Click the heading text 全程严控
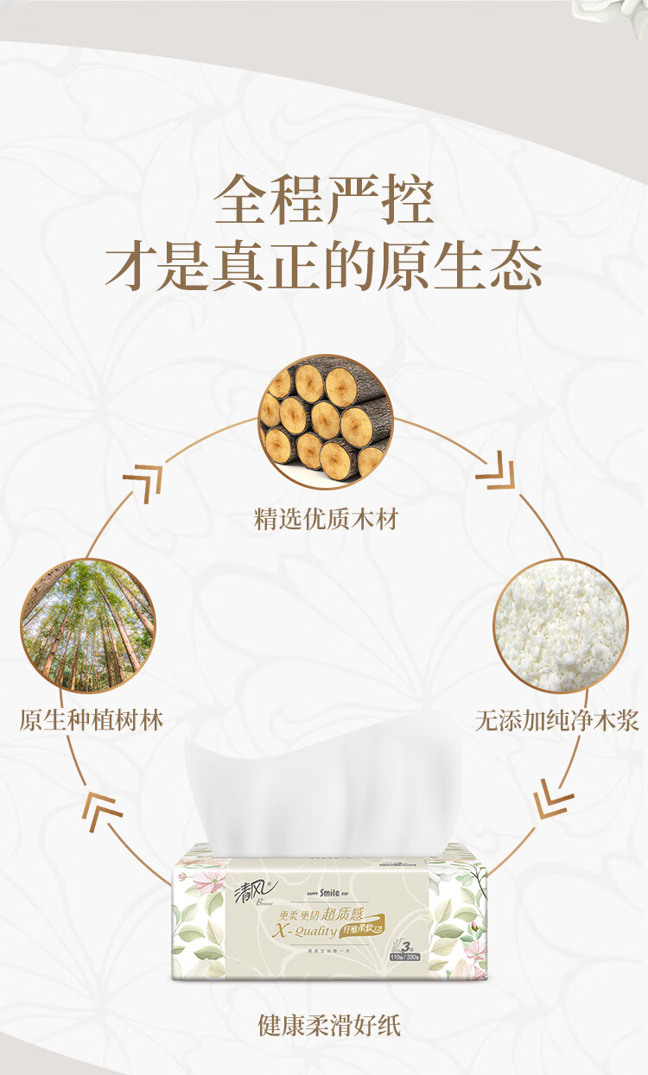(324, 200)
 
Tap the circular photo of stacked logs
(325, 421)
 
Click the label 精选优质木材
(326, 520)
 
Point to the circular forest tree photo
(88, 625)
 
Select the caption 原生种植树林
(92, 720)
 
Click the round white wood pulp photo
(561, 625)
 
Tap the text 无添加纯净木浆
(557, 720)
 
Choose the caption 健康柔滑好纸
(329, 1025)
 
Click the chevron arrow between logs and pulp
(495, 472)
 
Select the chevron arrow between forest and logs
(142, 480)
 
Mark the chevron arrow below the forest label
(102, 807)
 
